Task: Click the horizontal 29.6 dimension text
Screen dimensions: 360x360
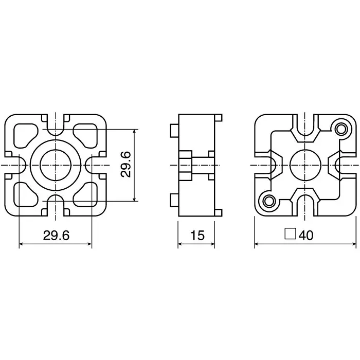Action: click(56, 236)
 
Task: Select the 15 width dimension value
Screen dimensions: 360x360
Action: click(197, 236)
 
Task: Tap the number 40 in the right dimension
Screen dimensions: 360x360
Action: click(305, 236)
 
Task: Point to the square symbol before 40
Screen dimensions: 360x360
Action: click(290, 235)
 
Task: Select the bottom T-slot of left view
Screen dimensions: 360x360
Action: click(56, 207)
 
